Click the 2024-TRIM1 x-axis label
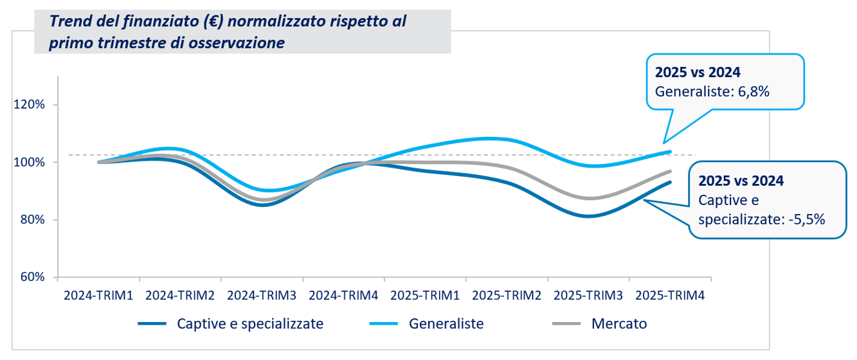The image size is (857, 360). tap(98, 296)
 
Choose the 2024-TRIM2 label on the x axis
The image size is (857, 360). tap(180, 296)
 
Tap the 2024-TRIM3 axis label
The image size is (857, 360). tap(262, 296)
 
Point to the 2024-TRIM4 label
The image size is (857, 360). tap(343, 296)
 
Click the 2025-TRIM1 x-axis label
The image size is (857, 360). tap(425, 296)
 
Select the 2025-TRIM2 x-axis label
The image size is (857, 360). tap(507, 296)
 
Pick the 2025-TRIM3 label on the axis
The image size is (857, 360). tap(588, 296)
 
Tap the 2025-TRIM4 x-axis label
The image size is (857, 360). tap(670, 296)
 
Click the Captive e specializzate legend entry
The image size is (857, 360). tap(250, 323)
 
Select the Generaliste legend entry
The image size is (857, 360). tap(446, 323)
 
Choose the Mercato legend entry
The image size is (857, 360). tap(618, 323)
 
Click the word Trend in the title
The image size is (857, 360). tap(69, 23)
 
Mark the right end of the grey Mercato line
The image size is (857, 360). tap(671, 172)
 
